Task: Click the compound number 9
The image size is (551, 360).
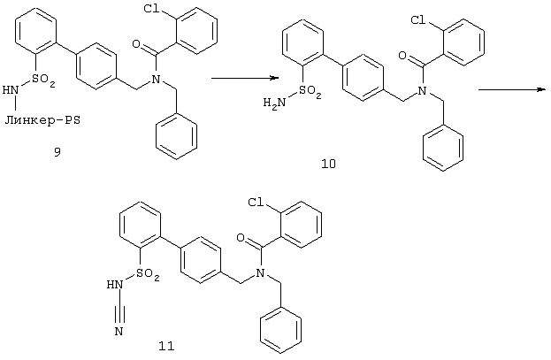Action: (57, 151)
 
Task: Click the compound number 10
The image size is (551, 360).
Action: (328, 164)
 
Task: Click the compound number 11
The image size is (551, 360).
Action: (166, 346)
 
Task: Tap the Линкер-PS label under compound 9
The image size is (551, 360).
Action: (42, 120)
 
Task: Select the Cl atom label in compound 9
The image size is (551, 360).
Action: (151, 10)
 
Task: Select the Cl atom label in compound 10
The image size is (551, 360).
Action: (418, 20)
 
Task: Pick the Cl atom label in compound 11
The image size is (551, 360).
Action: (256, 203)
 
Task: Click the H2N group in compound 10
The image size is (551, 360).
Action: (274, 103)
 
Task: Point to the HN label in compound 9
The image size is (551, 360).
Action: (11, 90)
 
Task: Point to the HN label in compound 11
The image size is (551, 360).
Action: (115, 284)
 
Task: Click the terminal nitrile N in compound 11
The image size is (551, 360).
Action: (119, 331)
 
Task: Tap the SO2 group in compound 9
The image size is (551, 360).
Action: (43, 80)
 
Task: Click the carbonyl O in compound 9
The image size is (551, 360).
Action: (136, 44)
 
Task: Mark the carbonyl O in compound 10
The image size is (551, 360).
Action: (403, 56)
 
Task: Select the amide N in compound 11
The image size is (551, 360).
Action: (260, 272)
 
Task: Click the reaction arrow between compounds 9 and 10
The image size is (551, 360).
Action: (245, 78)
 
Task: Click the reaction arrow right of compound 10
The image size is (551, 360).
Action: (512, 90)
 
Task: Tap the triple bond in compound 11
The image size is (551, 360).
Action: (119, 309)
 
